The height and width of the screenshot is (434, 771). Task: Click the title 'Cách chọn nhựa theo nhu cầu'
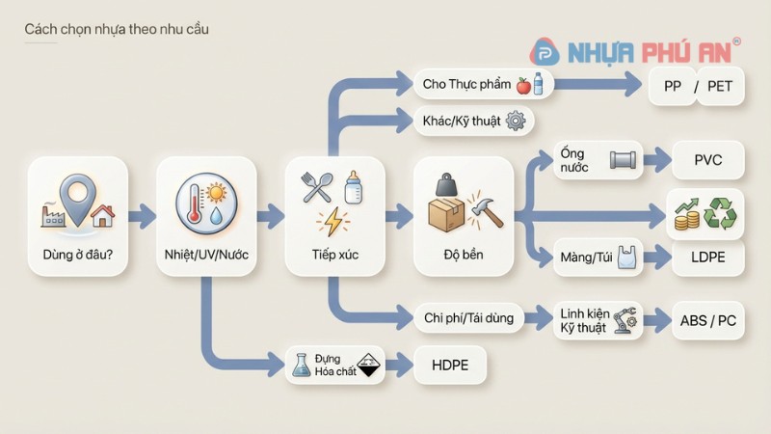click(x=116, y=30)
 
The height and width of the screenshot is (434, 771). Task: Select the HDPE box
click(x=450, y=366)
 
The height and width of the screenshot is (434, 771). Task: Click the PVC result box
click(x=707, y=159)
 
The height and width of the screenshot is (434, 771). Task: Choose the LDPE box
click(x=707, y=258)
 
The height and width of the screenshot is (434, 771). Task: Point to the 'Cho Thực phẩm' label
click(x=466, y=85)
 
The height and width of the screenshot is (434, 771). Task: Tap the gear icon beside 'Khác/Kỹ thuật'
click(x=516, y=121)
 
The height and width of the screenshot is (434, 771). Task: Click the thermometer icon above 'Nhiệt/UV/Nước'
click(x=195, y=208)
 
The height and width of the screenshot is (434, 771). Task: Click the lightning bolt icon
click(x=333, y=224)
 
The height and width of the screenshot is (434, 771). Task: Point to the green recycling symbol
click(x=720, y=213)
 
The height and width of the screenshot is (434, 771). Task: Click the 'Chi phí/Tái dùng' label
click(x=469, y=317)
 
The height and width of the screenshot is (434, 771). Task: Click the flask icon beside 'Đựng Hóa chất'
click(x=302, y=365)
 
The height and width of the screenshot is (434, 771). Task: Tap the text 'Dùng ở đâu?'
click(x=78, y=257)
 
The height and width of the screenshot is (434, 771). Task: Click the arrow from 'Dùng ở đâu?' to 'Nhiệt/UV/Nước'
click(x=142, y=214)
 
